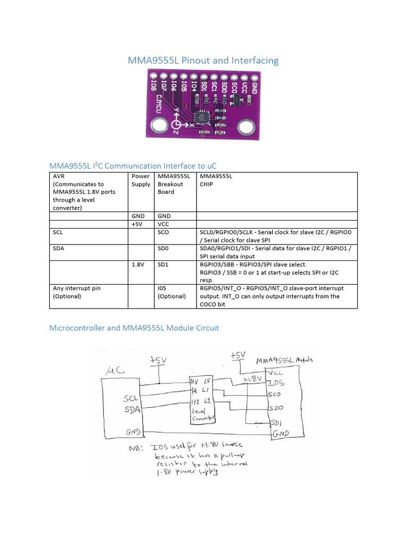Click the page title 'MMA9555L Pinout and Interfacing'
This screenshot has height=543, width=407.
pos(203,60)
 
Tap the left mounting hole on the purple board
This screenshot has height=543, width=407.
pos(158,126)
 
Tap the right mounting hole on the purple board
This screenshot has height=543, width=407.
pos(245,127)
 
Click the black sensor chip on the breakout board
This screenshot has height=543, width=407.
pos(201,116)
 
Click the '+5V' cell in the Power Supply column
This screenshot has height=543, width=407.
pos(138,224)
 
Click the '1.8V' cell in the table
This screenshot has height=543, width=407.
pos(138,264)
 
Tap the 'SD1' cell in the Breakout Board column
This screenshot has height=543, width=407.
pos(163,264)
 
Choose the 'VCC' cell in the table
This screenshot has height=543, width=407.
pos(164,224)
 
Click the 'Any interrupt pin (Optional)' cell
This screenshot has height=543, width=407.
pos(77,292)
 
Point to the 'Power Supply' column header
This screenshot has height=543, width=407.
pos(140,180)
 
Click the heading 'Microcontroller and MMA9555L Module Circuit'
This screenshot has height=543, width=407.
pos(134,328)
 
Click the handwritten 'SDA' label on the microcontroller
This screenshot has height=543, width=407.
pos(132,409)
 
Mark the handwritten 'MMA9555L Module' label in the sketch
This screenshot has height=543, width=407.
pos(285,361)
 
